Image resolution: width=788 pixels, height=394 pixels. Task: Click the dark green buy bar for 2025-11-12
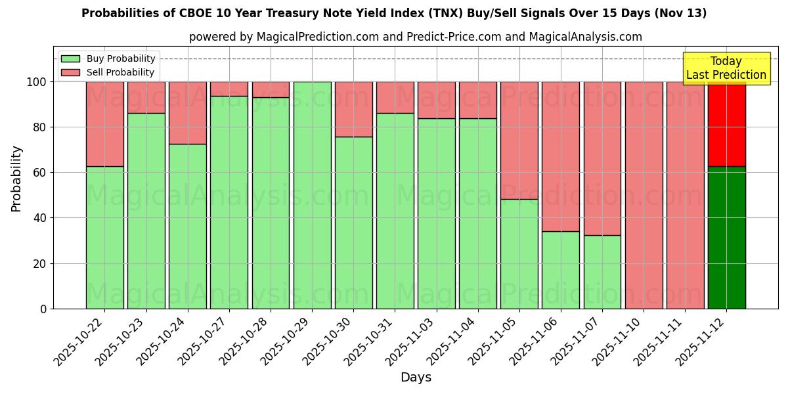pos(726,237)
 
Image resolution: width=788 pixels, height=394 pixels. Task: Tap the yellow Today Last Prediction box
pos(726,68)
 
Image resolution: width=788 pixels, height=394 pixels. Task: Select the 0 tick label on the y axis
pos(43,309)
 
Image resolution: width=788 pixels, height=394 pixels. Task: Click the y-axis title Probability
pos(16,179)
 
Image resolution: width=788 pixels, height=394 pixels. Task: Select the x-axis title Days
pos(416,378)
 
